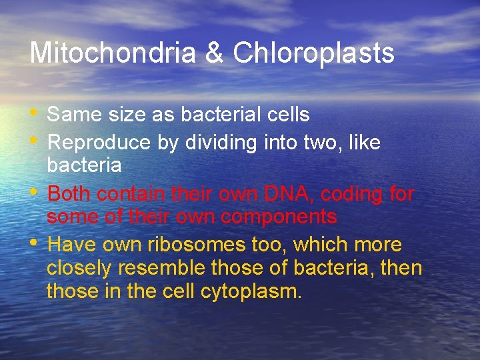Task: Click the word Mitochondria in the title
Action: pos(111,53)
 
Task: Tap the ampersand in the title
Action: pos(214,53)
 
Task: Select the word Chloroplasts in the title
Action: pos(313,53)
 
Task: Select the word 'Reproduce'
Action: pos(100,143)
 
